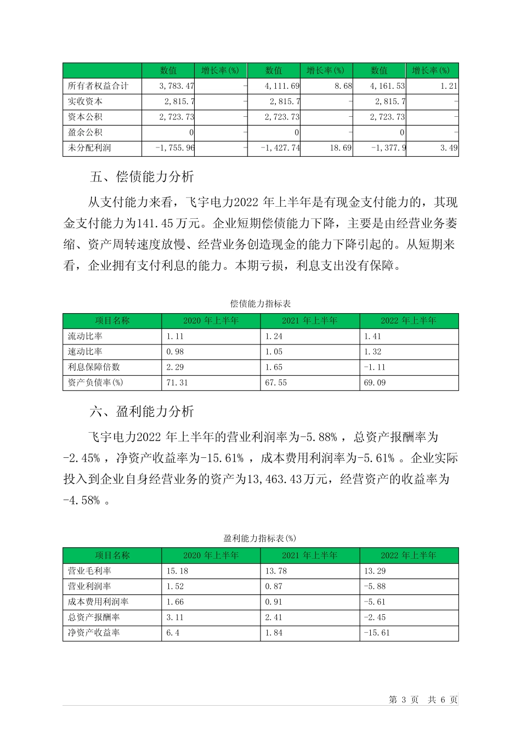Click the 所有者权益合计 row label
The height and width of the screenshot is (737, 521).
tap(98, 86)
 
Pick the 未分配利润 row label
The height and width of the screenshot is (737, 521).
tap(89, 148)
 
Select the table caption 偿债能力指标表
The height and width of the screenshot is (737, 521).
tap(260, 304)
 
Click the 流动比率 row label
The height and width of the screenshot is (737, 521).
tap(85, 337)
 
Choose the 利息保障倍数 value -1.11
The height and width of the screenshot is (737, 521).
tap(375, 367)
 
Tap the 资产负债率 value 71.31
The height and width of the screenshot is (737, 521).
tap(177, 383)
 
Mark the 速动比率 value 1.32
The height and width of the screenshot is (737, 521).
tap(372, 352)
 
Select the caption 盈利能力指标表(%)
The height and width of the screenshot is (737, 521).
tap(260, 538)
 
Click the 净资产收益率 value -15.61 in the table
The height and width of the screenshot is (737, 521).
tap(377, 633)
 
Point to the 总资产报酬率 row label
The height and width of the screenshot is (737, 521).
tap(94, 617)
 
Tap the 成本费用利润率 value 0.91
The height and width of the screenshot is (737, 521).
tap(274, 602)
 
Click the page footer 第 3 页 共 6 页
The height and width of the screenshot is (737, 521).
tap(423, 700)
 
